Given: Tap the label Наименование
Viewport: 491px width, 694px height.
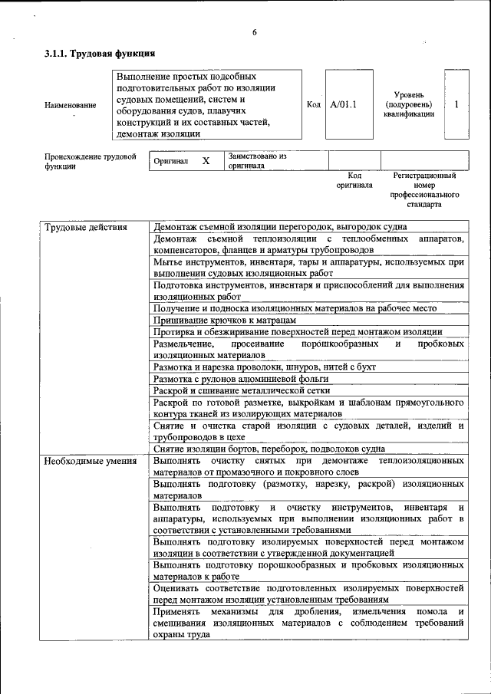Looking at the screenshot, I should [x=71, y=104].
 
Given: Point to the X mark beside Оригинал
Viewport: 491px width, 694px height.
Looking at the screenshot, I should [x=206, y=161].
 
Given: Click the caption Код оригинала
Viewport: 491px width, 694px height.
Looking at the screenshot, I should [x=354, y=180].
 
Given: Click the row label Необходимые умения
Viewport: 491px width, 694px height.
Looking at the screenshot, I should [x=90, y=461].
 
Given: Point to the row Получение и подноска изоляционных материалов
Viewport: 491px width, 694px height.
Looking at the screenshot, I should [x=295, y=308].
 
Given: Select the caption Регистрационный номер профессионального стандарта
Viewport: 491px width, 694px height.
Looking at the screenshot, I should [x=423, y=190].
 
